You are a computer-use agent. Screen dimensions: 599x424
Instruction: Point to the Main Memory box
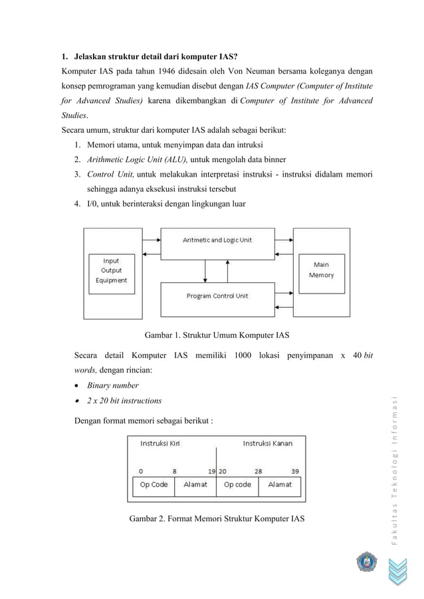click(321, 270)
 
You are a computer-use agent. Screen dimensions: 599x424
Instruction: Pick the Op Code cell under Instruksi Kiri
click(154, 485)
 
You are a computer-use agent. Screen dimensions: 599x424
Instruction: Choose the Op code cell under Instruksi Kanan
click(237, 485)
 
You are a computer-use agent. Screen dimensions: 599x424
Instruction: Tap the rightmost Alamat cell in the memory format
click(280, 485)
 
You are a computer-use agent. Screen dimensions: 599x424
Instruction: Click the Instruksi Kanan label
click(267, 444)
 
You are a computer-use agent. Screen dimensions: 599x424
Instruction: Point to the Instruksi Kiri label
click(159, 444)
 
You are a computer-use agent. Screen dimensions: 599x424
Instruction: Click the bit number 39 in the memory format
click(294, 471)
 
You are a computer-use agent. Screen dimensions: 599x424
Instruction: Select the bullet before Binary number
click(78, 386)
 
